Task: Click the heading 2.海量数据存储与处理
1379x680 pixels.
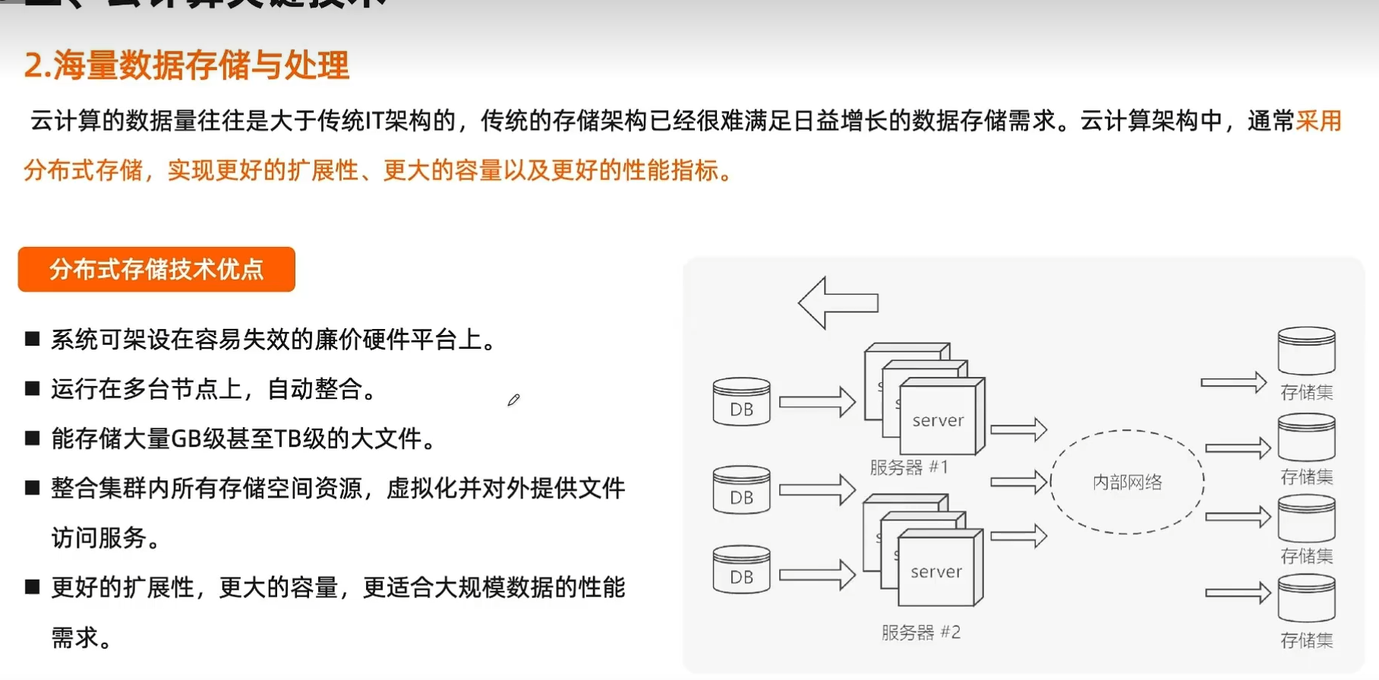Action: (x=186, y=65)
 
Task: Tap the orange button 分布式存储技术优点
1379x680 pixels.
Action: (x=156, y=269)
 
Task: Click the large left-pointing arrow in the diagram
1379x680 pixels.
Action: (x=838, y=302)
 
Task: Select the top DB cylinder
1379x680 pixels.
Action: (x=741, y=401)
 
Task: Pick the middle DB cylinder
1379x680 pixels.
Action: (x=741, y=489)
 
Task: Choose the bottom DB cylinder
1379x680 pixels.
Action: (x=741, y=569)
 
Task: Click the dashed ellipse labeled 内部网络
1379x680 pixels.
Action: (x=1127, y=482)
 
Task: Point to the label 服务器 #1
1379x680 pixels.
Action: (x=909, y=467)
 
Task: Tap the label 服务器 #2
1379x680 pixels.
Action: (x=920, y=632)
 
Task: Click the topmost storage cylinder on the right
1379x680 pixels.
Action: (x=1306, y=350)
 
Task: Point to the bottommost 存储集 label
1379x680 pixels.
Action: (x=1306, y=640)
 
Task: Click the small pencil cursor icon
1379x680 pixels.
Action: (x=514, y=400)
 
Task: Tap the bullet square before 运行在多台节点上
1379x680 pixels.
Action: (x=33, y=389)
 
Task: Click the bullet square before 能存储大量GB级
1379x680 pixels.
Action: (x=33, y=438)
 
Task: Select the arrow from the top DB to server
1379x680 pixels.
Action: (x=817, y=401)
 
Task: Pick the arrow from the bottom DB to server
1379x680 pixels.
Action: (x=817, y=574)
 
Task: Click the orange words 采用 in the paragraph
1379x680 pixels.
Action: (x=1319, y=121)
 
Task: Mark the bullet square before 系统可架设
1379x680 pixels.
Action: (x=33, y=339)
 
